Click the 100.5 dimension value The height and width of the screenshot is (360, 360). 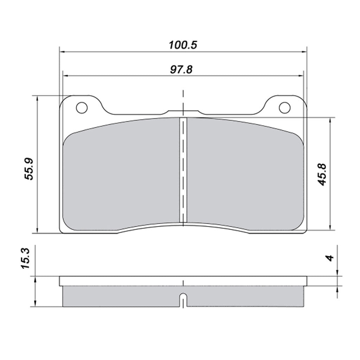[183, 45]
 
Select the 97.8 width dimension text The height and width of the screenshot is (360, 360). [181, 69]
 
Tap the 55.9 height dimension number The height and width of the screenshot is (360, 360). [29, 169]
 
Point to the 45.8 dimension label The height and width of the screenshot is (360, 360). [322, 174]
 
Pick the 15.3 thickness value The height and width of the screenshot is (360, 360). [25, 258]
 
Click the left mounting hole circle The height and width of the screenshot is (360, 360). [82, 108]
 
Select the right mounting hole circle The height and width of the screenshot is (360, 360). [285, 108]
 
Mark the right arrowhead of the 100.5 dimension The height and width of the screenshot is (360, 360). [304, 52]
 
